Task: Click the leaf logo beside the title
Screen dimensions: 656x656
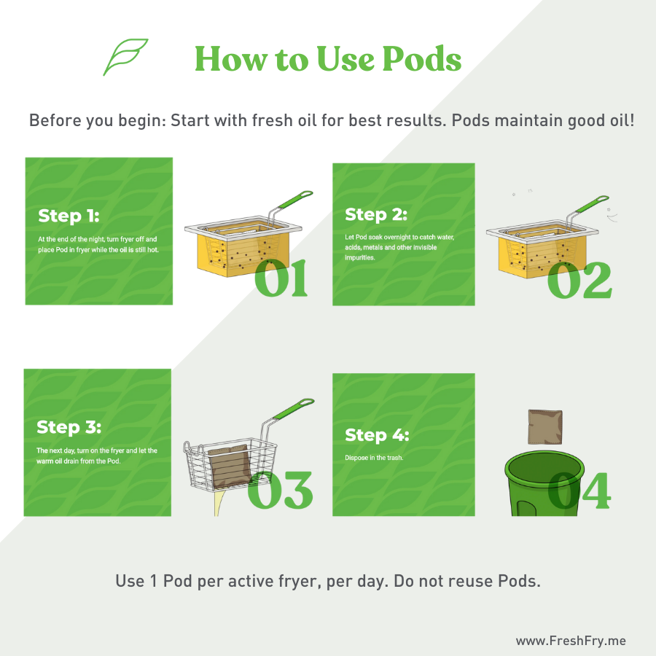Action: point(125,57)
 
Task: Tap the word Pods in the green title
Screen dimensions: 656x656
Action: point(422,58)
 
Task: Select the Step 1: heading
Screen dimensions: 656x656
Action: point(69,216)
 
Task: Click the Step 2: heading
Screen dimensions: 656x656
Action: point(375,214)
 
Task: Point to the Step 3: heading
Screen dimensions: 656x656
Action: point(69,427)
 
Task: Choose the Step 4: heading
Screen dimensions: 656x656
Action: point(377,435)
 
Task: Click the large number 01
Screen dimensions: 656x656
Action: point(281,278)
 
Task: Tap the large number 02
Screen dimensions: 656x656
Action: point(579,280)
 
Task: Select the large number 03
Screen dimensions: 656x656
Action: point(280,490)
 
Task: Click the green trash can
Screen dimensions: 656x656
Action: point(544,485)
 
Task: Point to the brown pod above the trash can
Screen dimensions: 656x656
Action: point(545,427)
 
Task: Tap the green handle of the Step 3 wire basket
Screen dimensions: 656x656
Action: point(294,408)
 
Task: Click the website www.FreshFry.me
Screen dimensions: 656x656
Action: point(571,641)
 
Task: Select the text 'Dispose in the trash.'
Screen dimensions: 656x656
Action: point(374,458)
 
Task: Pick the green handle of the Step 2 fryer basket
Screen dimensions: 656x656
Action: point(592,204)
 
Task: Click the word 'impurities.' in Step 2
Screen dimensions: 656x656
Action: point(360,258)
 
